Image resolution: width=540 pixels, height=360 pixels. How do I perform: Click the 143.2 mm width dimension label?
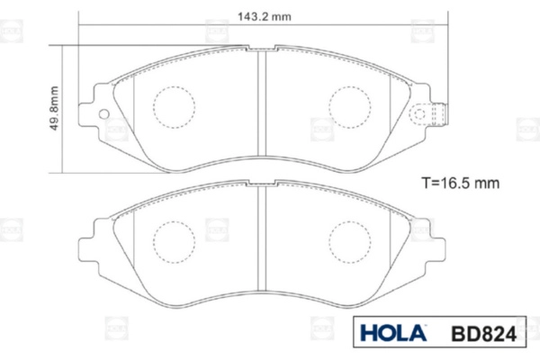click(264, 16)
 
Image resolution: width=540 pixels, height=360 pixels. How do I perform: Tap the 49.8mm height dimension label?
click(54, 108)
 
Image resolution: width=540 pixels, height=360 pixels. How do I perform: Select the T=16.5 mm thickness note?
click(461, 183)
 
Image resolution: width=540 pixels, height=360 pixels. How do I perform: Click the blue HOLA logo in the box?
click(393, 332)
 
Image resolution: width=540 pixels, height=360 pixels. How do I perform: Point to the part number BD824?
click(484, 334)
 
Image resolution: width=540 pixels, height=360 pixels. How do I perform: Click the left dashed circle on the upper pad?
click(175, 107)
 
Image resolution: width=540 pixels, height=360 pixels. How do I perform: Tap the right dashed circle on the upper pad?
click(349, 107)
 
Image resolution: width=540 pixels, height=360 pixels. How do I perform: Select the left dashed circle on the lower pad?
click(175, 242)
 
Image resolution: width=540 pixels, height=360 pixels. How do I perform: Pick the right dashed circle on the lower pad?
click(349, 242)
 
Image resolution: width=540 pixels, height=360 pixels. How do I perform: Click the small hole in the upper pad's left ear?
click(103, 114)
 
